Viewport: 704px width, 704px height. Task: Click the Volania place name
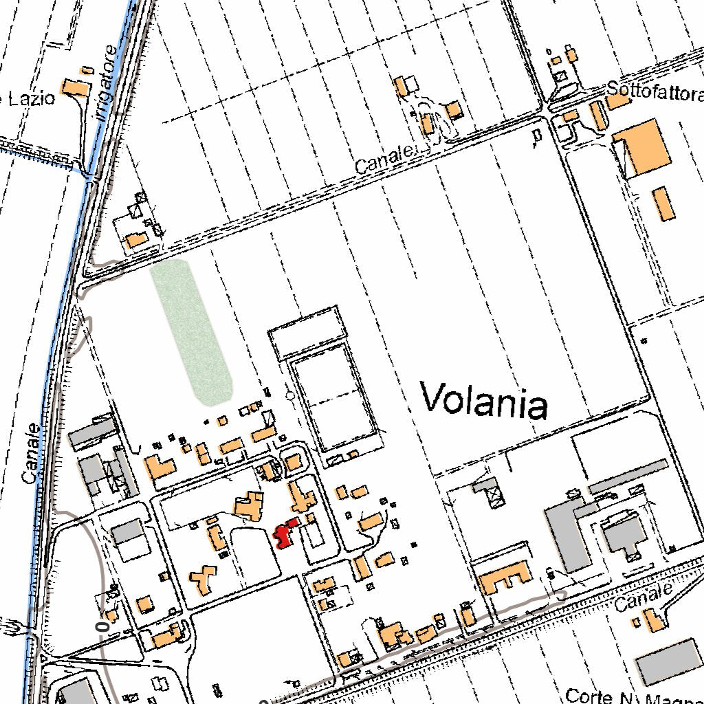(x=483, y=401)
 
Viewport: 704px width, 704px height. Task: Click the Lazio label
(x=32, y=99)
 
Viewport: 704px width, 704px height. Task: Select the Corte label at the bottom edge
(x=588, y=696)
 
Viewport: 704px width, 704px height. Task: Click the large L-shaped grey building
(x=568, y=533)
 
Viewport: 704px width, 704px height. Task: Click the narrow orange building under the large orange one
(x=663, y=203)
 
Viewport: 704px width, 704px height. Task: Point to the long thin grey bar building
(x=628, y=476)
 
